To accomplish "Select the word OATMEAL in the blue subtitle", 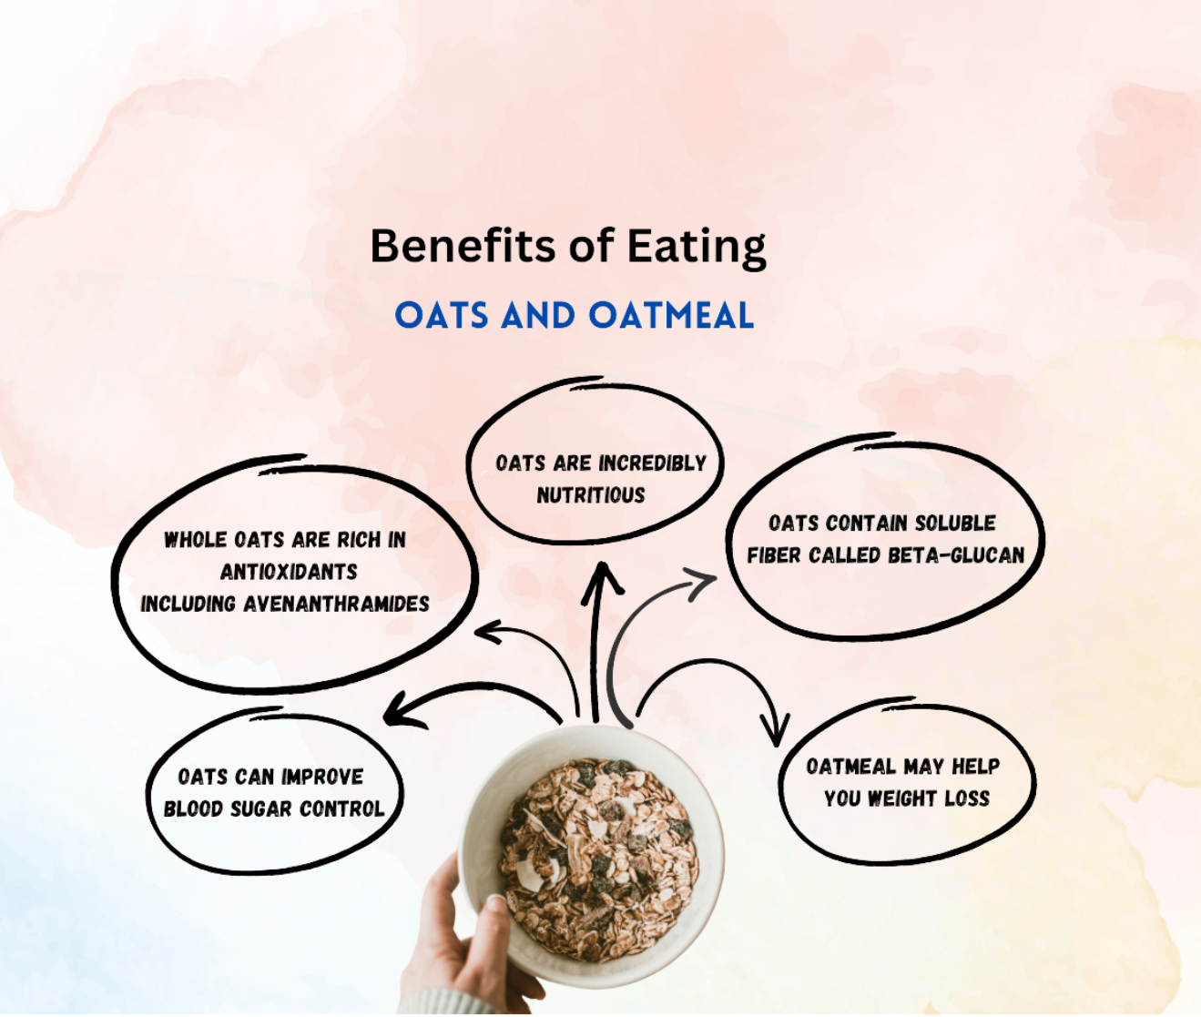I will coord(671,316).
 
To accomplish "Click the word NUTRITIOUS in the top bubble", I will coord(590,495).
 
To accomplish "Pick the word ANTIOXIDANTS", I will coord(289,572).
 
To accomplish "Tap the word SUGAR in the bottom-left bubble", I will coord(261,809).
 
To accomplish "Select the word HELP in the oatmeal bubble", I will coord(975,767).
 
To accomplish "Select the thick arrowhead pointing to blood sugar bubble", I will coord(401,710).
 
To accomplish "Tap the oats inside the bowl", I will coord(596,847).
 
